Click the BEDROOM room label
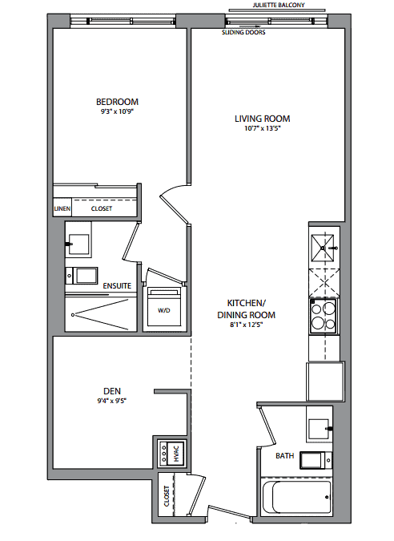coord(117,102)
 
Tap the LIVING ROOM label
coord(263,119)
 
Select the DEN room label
coord(112,391)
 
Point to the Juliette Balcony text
coord(279,5)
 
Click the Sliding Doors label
coord(243,32)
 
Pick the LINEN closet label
coord(62,208)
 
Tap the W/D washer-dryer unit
coord(164,307)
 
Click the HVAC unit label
coord(176,454)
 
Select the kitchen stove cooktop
coord(324,316)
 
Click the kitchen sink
coord(323,248)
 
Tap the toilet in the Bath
coord(316,460)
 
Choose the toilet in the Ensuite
coord(82,276)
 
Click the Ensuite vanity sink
coord(78,244)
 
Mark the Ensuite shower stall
coord(101,313)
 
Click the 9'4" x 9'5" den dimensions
coord(112,401)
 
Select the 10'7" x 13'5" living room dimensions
coord(263,128)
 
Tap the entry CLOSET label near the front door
coord(167,496)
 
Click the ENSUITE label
coord(117,285)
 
